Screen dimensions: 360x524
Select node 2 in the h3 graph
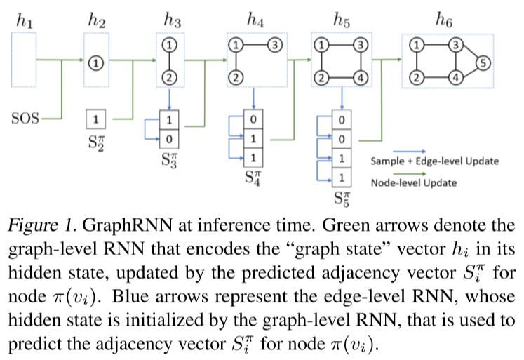[x=170, y=76]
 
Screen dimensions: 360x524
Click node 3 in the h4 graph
[x=275, y=45]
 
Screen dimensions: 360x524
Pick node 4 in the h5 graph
[x=360, y=77]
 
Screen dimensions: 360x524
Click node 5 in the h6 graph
[x=482, y=64]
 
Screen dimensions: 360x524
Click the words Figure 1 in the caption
[x=42, y=227]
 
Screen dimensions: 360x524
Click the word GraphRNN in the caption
[x=122, y=227]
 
